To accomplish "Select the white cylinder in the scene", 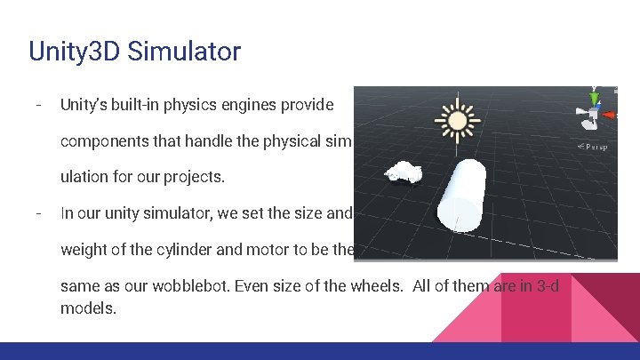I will pyautogui.click(x=468, y=196).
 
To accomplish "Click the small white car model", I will pyautogui.click(x=404, y=172).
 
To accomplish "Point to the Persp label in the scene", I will pyautogui.click(x=594, y=147).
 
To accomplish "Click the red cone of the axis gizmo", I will pyautogui.click(x=609, y=115).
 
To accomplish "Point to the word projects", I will pyautogui.click(x=196, y=177).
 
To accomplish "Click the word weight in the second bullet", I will pyautogui.click(x=80, y=249).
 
